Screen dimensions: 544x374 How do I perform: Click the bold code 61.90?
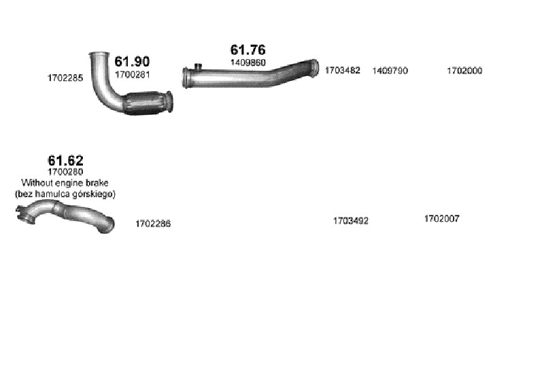click(132, 61)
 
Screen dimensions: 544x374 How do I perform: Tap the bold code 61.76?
click(248, 50)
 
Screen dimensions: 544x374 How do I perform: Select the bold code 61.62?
click(65, 160)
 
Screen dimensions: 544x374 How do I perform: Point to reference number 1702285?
click(65, 78)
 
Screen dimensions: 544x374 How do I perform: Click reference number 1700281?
click(132, 75)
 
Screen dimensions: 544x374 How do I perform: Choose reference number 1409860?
click(248, 63)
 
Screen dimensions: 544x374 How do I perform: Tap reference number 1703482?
click(343, 71)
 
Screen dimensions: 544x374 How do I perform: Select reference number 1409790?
click(390, 71)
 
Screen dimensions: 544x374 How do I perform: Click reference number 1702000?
click(464, 71)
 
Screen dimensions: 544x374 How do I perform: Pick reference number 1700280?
click(65, 172)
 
